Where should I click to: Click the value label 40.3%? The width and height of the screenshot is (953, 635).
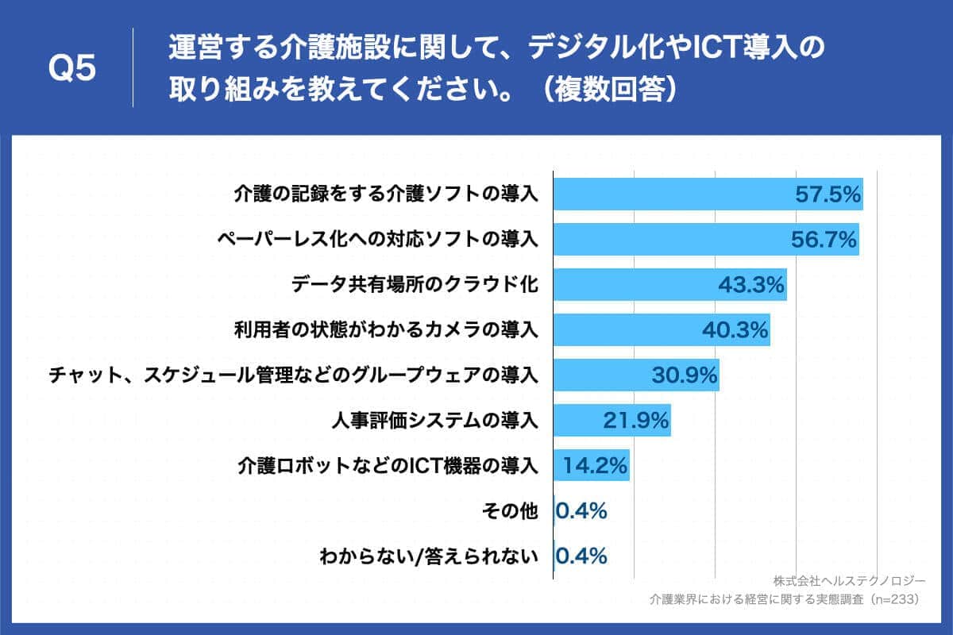click(x=735, y=329)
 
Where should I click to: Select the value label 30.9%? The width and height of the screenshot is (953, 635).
click(x=685, y=375)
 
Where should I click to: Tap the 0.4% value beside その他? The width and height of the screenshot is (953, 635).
click(x=581, y=511)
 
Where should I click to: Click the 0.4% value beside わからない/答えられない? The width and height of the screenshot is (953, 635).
click(x=581, y=556)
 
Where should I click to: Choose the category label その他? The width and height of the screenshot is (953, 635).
click(x=510, y=511)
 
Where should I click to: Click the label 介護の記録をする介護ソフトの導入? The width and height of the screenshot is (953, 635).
click(x=386, y=194)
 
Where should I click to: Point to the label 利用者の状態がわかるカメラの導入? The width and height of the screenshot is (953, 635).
click(x=386, y=329)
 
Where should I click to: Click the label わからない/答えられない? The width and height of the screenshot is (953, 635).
click(x=429, y=556)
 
